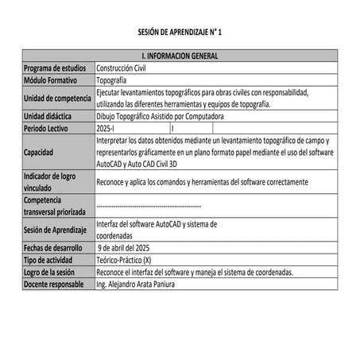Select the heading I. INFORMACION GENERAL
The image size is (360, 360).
coord(180,56)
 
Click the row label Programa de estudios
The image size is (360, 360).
coord(55,68)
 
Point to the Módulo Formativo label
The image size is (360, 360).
coord(50,80)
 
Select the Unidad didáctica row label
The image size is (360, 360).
coord(48,116)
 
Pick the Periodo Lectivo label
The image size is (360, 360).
coord(47,127)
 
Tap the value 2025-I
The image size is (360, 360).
coord(105,127)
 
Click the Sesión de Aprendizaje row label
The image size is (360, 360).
coord(56,230)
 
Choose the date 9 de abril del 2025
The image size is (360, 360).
coord(130,247)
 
